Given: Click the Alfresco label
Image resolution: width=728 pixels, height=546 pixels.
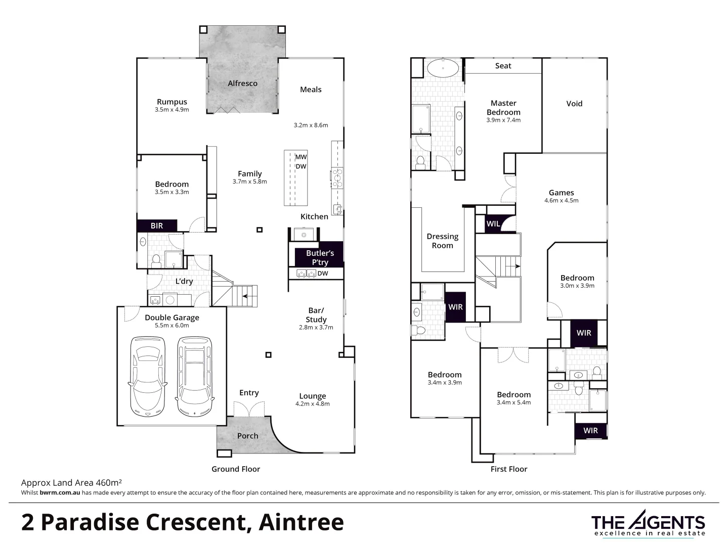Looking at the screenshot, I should tap(242, 83).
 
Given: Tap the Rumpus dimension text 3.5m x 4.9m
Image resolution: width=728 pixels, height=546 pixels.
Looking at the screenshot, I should tap(172, 110).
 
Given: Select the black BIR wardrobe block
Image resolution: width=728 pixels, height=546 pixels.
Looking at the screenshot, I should tap(157, 225).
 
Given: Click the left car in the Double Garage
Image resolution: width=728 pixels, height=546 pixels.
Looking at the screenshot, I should tap(147, 376).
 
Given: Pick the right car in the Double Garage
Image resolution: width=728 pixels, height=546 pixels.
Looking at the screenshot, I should tap(195, 376).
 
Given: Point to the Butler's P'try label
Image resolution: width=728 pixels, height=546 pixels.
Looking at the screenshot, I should tap(320, 257).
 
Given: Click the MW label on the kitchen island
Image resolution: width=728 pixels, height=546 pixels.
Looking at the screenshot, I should tap(301, 157).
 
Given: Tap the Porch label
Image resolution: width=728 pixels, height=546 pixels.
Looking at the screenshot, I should tap(247, 436).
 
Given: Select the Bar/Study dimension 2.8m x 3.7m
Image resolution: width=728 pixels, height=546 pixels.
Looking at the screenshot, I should tap(316, 328).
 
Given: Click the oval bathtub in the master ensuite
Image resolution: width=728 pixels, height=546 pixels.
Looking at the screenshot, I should tap(443, 67).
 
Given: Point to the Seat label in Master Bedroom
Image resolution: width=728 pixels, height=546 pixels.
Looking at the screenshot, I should tap(503, 66).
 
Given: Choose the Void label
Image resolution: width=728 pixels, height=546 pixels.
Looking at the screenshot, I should tap(574, 104).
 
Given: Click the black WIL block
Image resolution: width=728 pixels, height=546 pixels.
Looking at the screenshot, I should tap(493, 223).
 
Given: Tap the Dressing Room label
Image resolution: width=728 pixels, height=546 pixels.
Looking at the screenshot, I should tap(442, 241).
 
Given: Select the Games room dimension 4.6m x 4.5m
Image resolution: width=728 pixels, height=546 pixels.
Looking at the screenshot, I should tap(561, 201).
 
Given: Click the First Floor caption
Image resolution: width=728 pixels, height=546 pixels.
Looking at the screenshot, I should tap(508, 469).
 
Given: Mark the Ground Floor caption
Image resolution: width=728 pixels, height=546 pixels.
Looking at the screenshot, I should tap(236, 469).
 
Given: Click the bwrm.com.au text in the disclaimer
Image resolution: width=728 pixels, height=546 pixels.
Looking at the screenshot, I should tap(60, 492).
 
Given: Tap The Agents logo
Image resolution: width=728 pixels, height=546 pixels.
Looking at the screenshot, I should tap(648, 523).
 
